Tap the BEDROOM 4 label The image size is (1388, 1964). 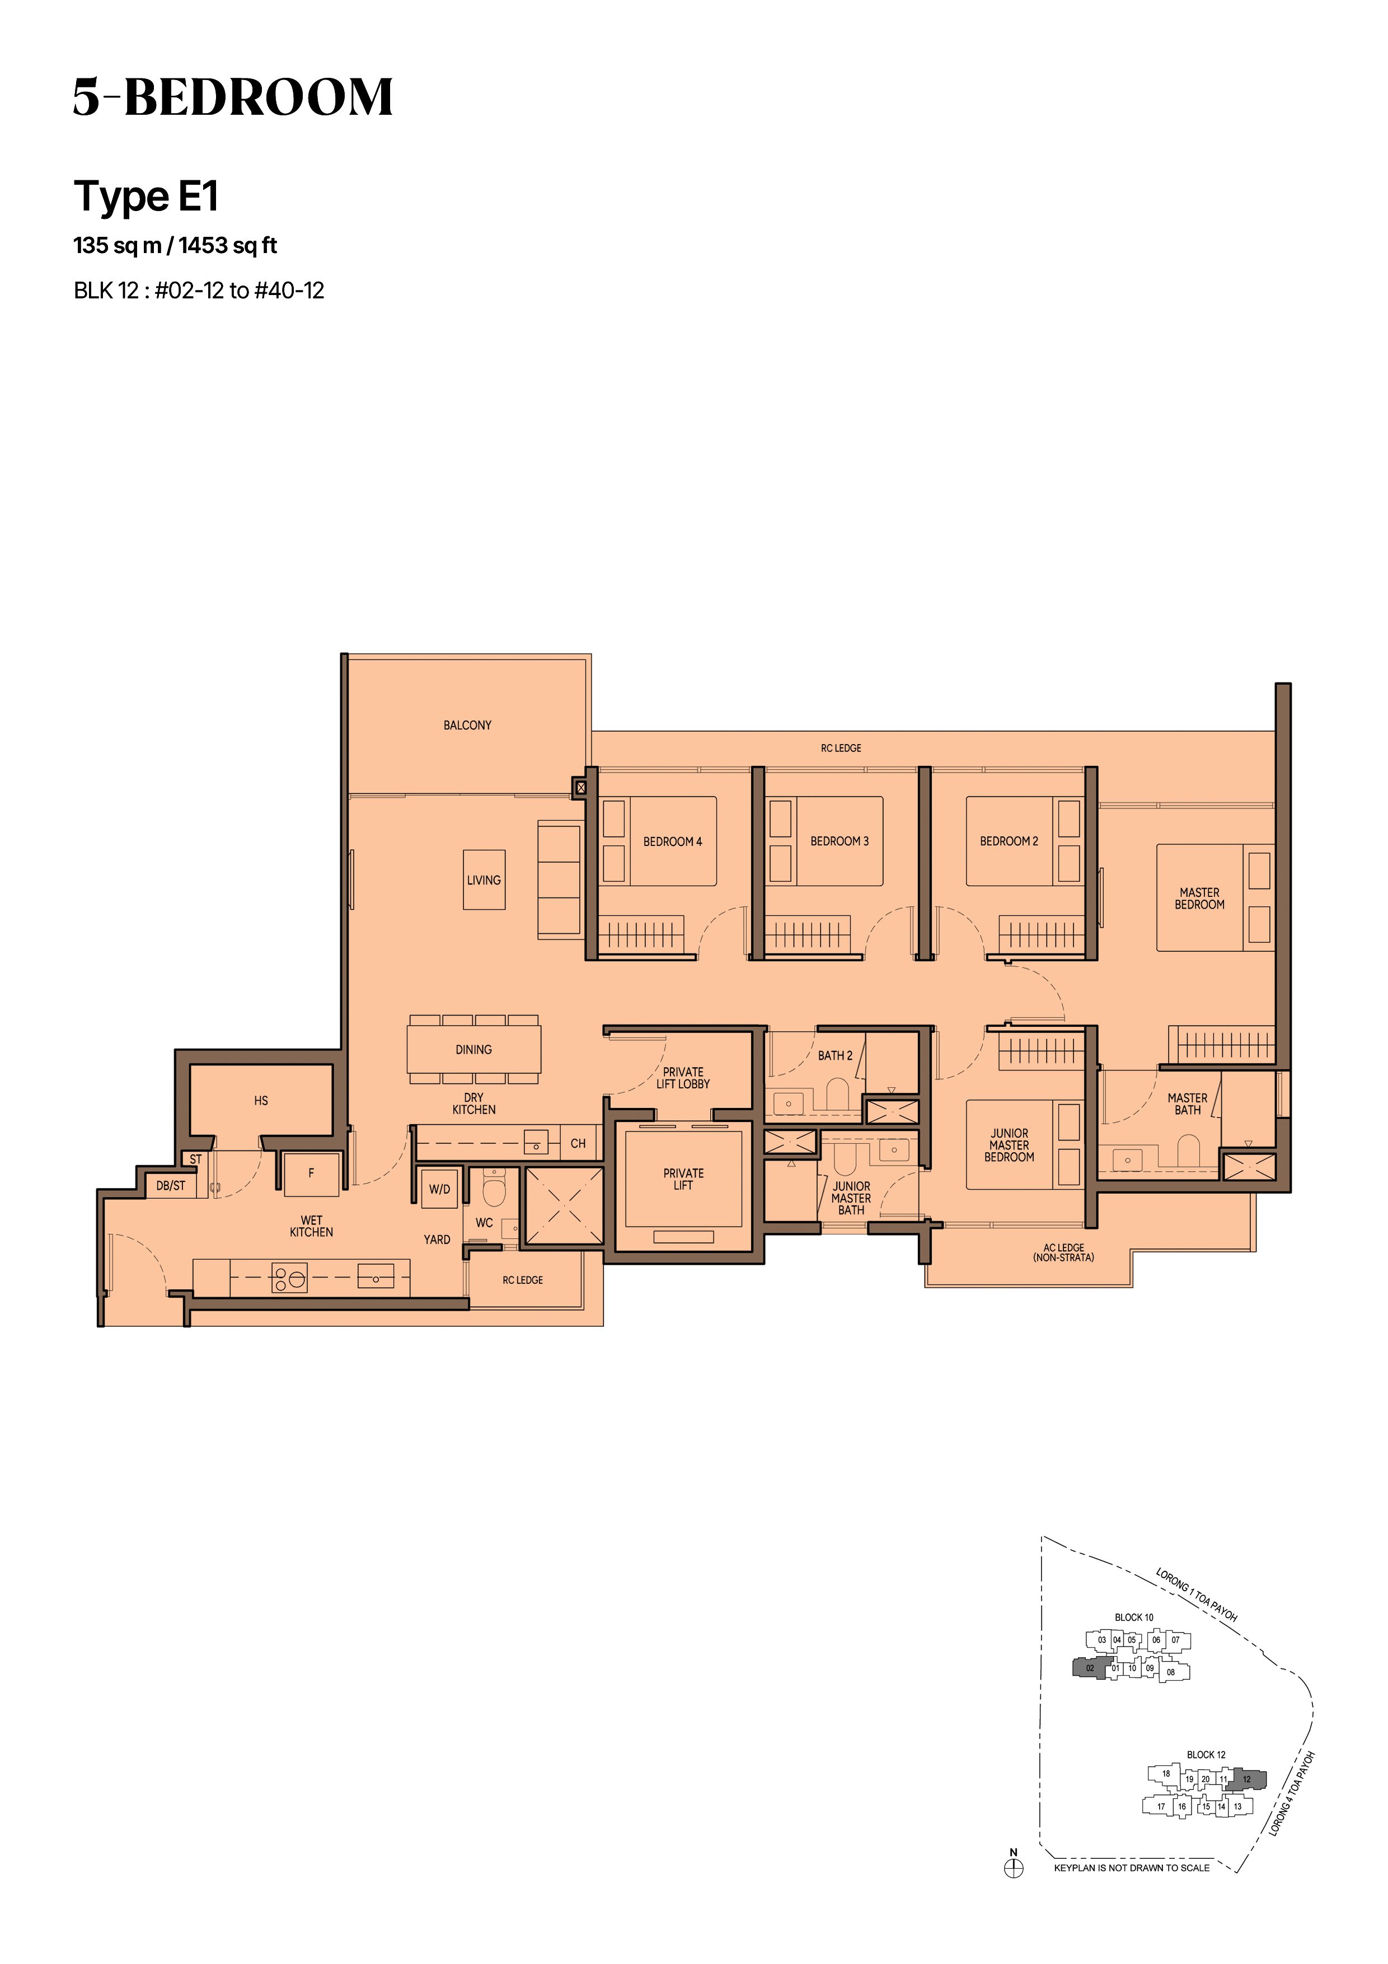[672, 841]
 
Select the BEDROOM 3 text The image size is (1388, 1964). [839, 841]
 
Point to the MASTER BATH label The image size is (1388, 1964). [1187, 1104]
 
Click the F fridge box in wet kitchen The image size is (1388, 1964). [311, 1173]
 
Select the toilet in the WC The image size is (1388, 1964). [494, 1186]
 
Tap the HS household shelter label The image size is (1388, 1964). [261, 1101]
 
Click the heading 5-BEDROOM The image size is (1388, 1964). [233, 97]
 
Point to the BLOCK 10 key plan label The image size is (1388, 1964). [1134, 1617]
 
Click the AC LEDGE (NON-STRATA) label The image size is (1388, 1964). [1063, 1253]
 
